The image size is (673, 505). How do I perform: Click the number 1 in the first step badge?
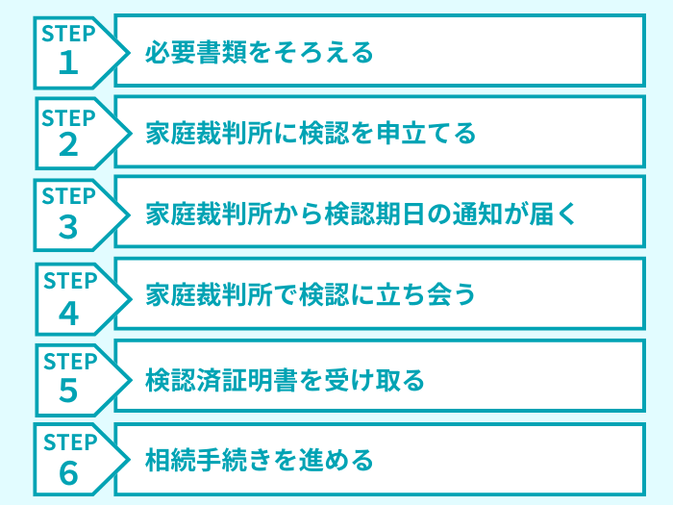[67, 63]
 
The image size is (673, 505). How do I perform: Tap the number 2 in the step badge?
[67, 144]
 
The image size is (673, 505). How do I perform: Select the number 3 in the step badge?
[67, 226]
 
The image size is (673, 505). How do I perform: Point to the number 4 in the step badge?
[67, 311]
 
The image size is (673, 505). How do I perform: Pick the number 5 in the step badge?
[67, 391]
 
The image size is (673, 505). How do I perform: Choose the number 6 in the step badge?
[67, 473]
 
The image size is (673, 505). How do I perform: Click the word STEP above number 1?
[68, 35]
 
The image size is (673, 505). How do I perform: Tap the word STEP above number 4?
[68, 281]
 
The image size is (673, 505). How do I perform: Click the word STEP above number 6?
[68, 443]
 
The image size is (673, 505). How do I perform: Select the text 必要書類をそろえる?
[259, 52]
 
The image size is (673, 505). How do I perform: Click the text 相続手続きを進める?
[259, 460]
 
